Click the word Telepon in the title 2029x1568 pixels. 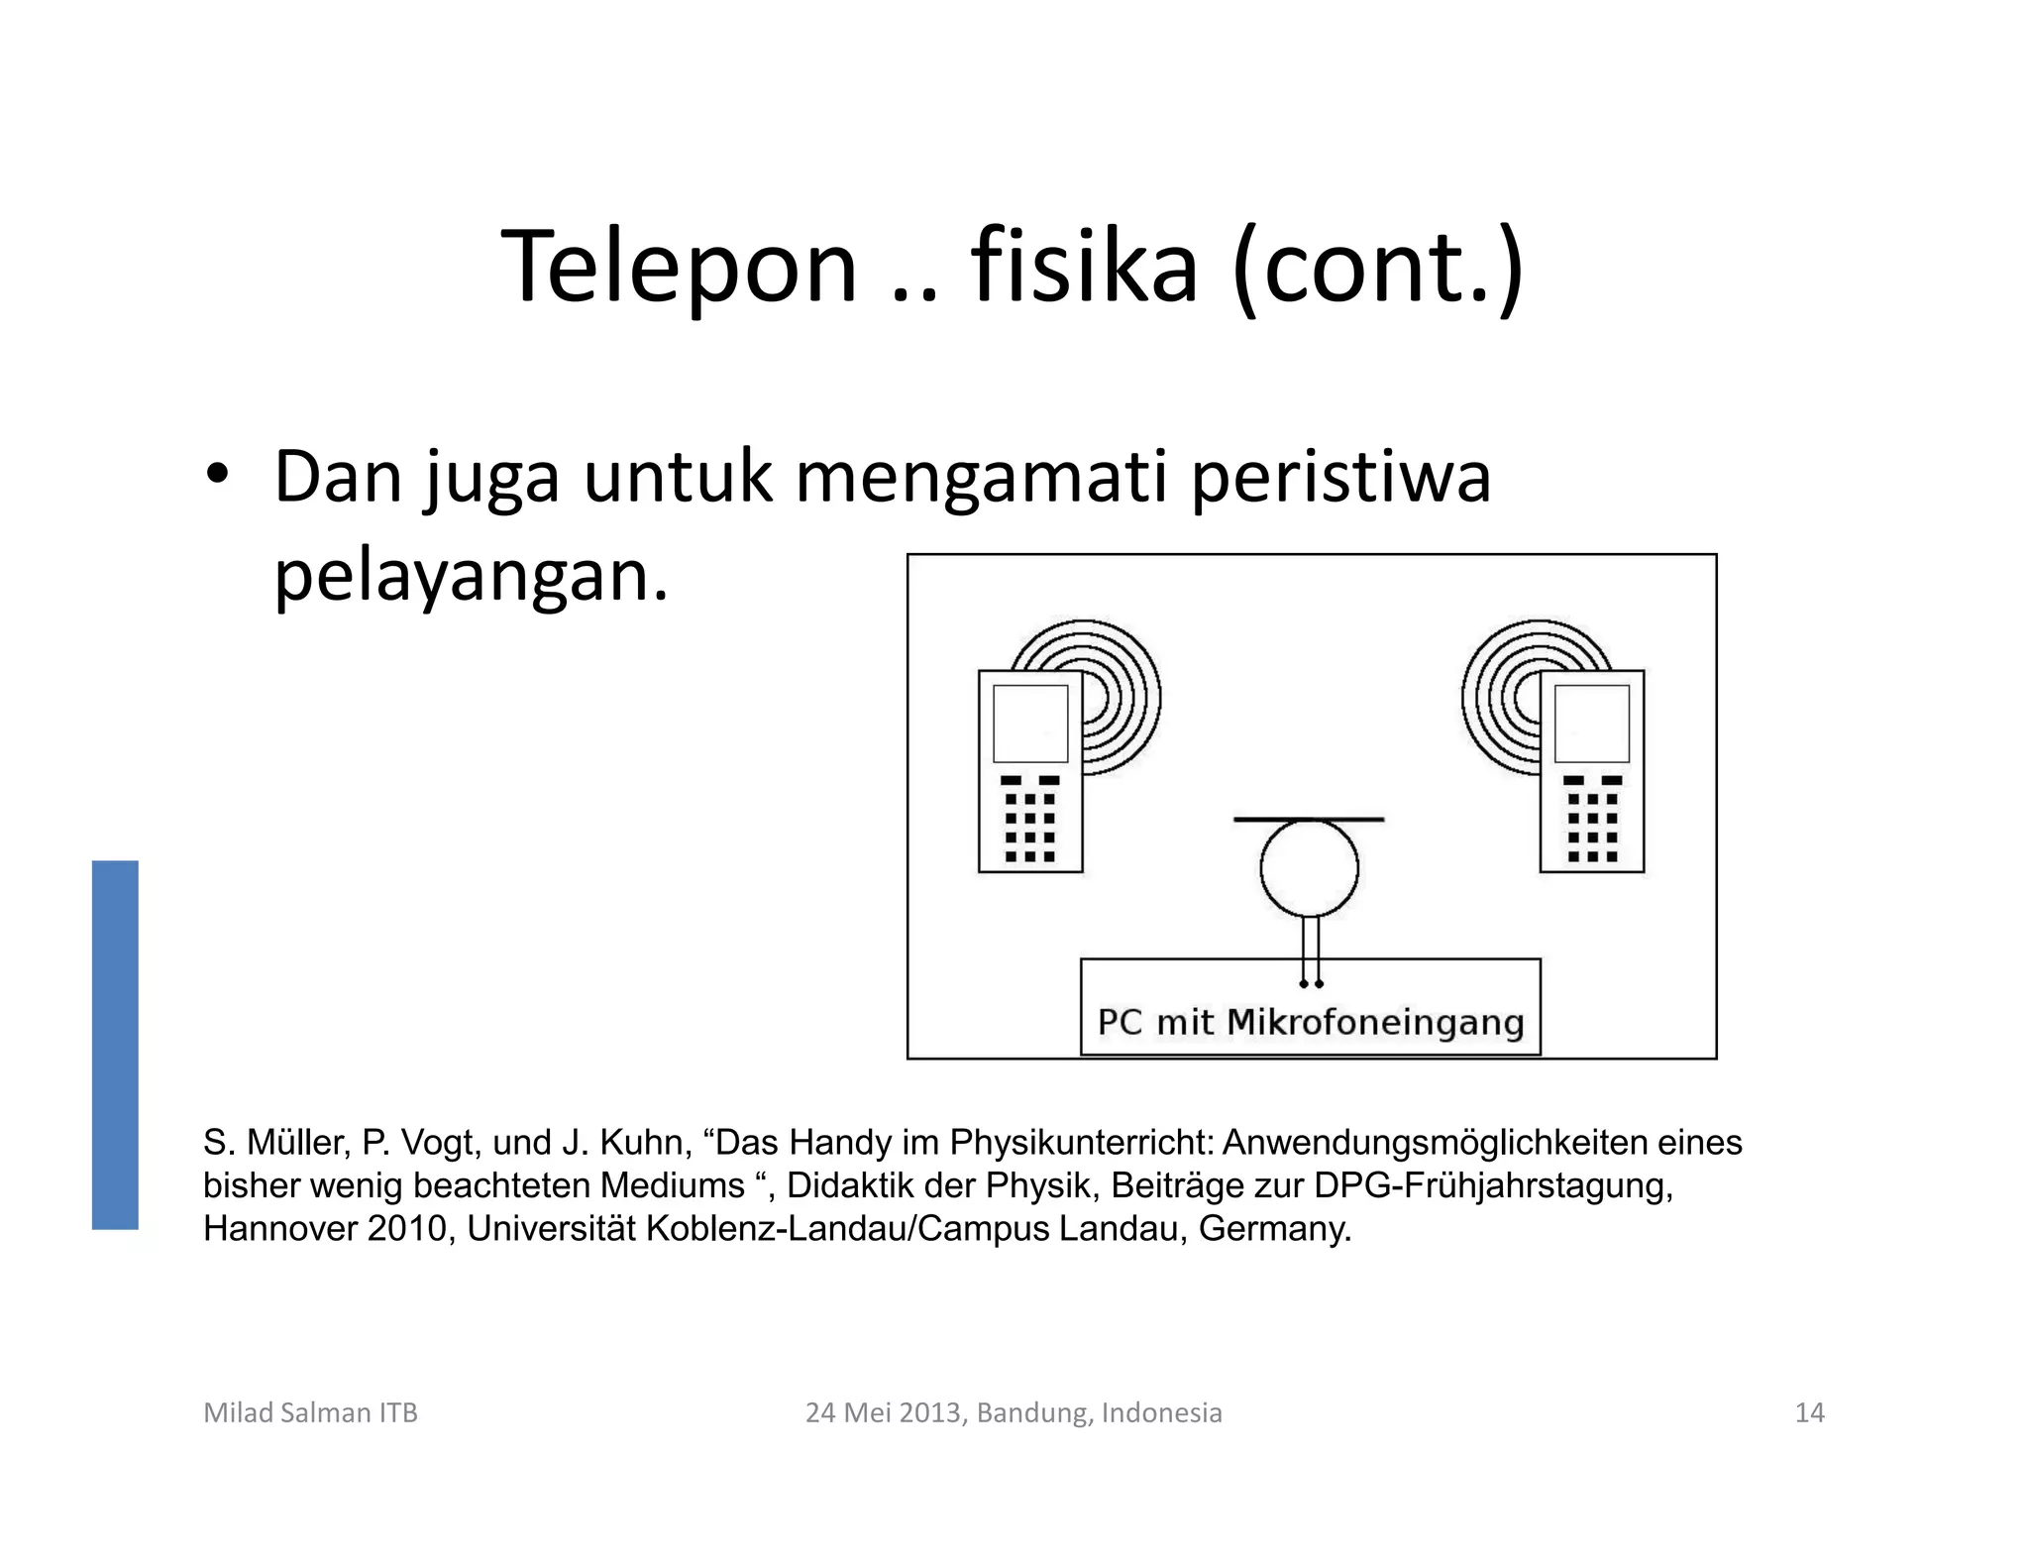click(x=679, y=268)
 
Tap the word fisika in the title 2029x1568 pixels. click(x=1084, y=268)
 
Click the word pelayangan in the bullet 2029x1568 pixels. click(x=471, y=577)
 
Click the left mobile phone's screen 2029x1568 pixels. click(x=1030, y=724)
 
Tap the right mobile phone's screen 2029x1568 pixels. click(x=1592, y=724)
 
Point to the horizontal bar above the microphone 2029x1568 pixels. click(x=1309, y=820)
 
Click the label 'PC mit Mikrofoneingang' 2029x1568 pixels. click(x=1310, y=1022)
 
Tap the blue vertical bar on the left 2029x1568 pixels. click(x=115, y=1045)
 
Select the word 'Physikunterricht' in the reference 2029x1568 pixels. click(x=1081, y=1143)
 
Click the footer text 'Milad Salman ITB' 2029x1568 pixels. click(x=310, y=1412)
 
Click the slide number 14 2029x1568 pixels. click(x=1809, y=1412)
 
